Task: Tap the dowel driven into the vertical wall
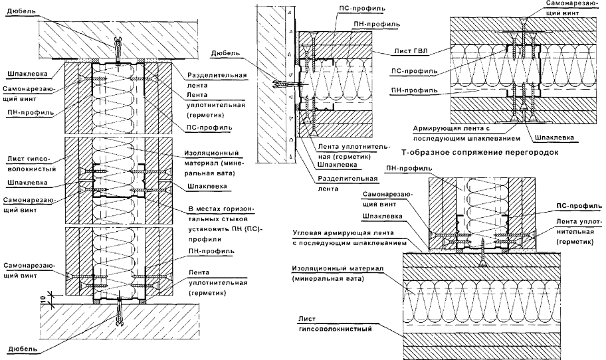(282, 84)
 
